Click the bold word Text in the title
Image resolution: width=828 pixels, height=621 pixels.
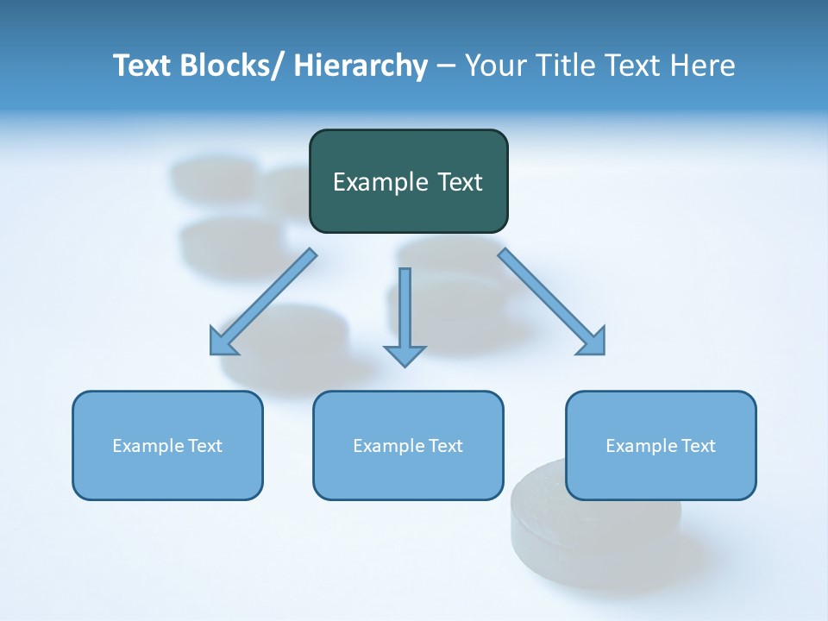pos(143,66)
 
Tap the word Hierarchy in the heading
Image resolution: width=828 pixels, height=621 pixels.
pos(361,66)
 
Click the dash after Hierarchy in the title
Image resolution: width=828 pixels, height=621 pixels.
pos(445,66)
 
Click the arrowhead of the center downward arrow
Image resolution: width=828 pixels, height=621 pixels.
pos(405,354)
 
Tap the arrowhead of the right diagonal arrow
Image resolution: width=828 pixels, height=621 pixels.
pos(594,343)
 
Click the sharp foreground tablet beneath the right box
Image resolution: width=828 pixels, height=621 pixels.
pos(595,535)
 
